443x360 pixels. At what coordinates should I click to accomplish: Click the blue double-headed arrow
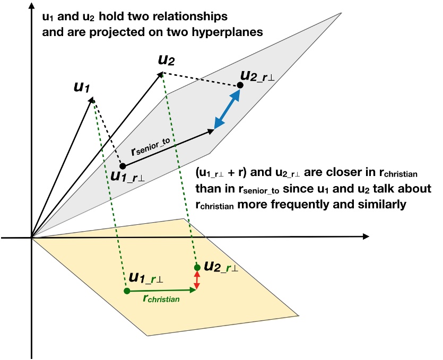point(227,109)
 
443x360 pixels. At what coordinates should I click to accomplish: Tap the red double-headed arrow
point(197,279)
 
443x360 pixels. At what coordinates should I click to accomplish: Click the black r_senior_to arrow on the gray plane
point(170,148)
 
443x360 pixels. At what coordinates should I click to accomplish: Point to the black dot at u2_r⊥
point(240,85)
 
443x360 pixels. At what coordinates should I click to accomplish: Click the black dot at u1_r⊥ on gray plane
point(123,166)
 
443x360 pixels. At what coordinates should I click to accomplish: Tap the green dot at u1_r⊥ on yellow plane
point(126,291)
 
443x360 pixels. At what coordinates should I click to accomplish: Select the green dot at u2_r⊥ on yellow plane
point(197,267)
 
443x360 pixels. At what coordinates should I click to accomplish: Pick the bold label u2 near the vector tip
point(166,59)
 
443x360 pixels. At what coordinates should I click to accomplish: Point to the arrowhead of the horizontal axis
point(366,236)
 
